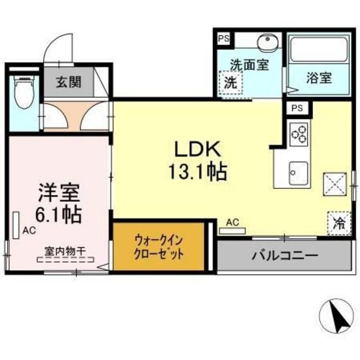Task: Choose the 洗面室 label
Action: point(249,65)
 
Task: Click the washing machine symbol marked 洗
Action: point(230,83)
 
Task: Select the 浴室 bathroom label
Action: point(318,78)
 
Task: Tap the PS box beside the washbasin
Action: point(223,39)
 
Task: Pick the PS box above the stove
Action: point(297,108)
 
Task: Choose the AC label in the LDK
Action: point(233,222)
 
